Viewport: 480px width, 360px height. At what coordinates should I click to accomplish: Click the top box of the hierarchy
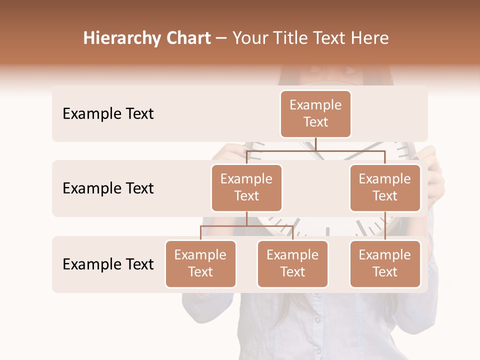(x=315, y=113)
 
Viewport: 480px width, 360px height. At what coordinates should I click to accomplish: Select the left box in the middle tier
(x=246, y=187)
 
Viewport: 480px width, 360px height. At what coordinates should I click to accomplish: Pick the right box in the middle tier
(x=385, y=187)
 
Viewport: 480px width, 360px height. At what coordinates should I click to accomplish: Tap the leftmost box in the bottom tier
(x=200, y=263)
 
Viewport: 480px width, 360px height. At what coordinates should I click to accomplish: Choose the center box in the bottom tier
(x=292, y=263)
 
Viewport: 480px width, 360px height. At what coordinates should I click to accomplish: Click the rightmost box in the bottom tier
(x=385, y=263)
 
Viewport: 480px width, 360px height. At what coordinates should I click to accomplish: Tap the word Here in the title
(x=370, y=38)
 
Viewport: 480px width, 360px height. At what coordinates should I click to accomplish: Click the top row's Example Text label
(x=108, y=114)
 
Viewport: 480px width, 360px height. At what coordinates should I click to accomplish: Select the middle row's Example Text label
(x=108, y=188)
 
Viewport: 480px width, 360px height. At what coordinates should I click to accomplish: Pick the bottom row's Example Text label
(x=108, y=264)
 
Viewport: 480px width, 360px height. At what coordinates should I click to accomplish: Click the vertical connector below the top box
(x=315, y=144)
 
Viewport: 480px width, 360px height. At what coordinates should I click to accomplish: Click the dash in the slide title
(x=221, y=39)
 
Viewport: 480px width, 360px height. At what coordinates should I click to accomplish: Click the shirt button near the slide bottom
(x=317, y=319)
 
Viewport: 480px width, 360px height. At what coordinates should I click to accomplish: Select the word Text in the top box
(x=315, y=122)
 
